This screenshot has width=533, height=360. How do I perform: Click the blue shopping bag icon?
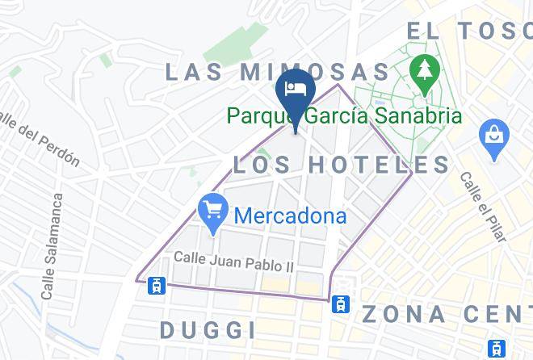pos(492,136)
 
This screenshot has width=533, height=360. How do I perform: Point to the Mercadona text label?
pos(291,216)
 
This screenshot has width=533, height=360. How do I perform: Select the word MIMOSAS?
pos(315,71)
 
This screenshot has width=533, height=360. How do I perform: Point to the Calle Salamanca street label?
pos(51,247)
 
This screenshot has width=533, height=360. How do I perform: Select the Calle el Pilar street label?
pos(481,209)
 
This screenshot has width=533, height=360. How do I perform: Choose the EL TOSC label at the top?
pos(469,31)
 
